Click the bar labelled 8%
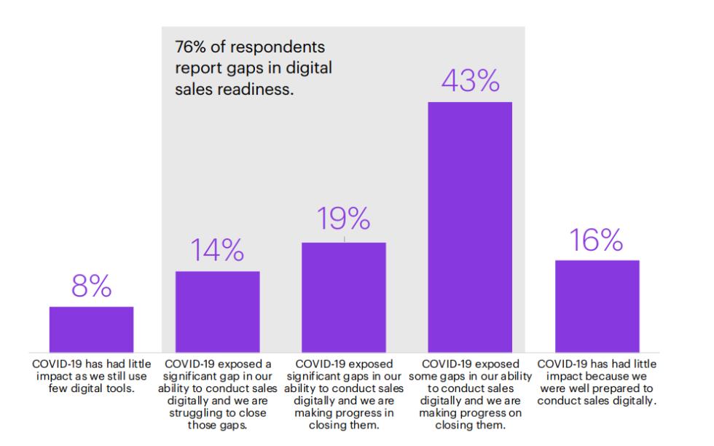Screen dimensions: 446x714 click(91, 329)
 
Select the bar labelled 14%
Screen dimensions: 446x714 click(217, 312)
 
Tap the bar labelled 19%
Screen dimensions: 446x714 click(343, 297)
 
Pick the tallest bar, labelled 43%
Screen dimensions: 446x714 click(470, 227)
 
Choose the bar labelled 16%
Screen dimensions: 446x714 click(597, 306)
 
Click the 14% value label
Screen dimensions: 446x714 click(217, 251)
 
